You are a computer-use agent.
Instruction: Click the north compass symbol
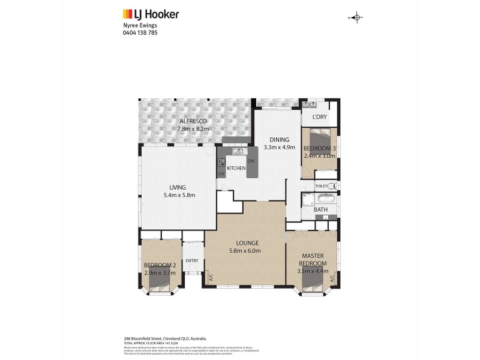tap(356, 17)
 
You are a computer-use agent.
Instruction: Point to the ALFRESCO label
tap(192, 121)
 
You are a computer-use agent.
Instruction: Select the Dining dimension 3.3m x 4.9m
tap(280, 147)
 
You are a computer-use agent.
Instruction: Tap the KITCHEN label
tap(236, 169)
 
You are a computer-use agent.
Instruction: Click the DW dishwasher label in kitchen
tap(251, 161)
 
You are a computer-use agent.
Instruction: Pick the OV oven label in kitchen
tap(221, 174)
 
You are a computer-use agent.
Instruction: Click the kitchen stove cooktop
tap(221, 162)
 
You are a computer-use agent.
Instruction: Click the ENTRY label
tap(192, 260)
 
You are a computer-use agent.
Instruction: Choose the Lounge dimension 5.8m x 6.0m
tap(244, 251)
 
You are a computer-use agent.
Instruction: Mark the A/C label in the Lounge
tap(211, 278)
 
